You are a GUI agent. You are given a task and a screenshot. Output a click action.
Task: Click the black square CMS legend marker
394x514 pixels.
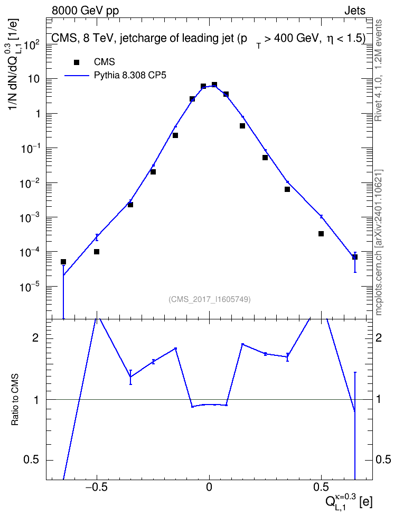(77, 62)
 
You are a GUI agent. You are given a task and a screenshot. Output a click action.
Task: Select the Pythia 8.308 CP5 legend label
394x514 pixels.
(130, 76)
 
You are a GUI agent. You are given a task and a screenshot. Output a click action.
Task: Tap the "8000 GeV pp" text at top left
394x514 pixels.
(85, 11)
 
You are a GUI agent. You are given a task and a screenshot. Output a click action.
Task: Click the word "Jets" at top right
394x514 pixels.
(355, 11)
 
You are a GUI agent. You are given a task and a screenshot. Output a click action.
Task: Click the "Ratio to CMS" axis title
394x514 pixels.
(15, 399)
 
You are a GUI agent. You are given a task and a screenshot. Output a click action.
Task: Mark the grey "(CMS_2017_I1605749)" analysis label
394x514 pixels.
(210, 299)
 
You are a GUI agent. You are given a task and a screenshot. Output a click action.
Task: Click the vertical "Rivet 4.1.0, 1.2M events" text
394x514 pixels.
(379, 70)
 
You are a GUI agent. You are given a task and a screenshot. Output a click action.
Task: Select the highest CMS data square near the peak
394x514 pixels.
(214, 85)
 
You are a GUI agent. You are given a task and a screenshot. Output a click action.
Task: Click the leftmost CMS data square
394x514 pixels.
(63, 262)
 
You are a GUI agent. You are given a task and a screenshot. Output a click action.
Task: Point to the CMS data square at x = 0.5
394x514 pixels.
(321, 234)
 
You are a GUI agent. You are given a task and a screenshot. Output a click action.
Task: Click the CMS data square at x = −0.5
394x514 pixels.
(97, 252)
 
